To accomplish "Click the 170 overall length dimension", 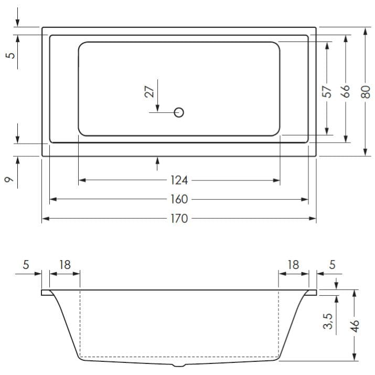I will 179,219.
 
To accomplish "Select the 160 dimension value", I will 179,200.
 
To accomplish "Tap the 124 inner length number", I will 179,181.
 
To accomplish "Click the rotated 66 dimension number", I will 345,91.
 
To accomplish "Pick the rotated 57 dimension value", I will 326,91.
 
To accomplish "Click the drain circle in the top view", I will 179,112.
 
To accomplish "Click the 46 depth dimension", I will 355,325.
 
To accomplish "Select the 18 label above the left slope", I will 65,265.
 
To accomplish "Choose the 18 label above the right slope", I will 293,265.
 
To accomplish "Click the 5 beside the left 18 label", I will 26,265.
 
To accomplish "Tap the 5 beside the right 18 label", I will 332,265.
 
